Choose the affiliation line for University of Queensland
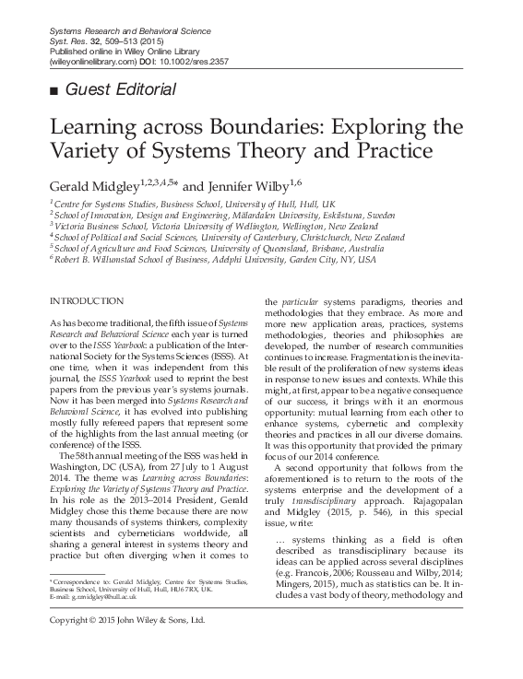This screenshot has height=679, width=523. click(x=207, y=249)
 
